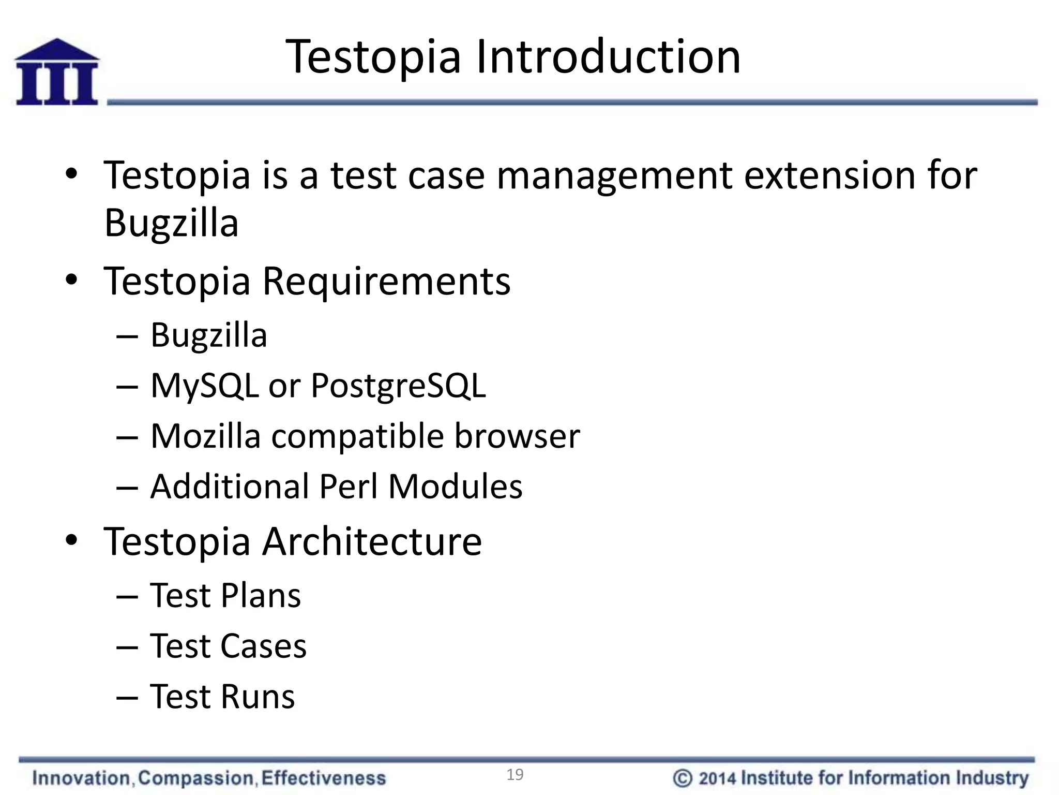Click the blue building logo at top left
(x=57, y=72)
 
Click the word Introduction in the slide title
(x=608, y=57)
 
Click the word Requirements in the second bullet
(x=386, y=281)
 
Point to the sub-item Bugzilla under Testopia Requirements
(x=209, y=335)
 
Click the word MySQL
(x=204, y=386)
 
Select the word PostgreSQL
(x=398, y=386)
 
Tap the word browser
(x=517, y=436)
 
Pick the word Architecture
(x=372, y=541)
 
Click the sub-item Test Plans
(x=225, y=595)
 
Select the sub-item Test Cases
(x=228, y=646)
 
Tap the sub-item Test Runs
(x=222, y=697)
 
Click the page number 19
(x=515, y=775)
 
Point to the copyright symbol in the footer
(x=683, y=778)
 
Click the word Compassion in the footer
(x=196, y=778)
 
